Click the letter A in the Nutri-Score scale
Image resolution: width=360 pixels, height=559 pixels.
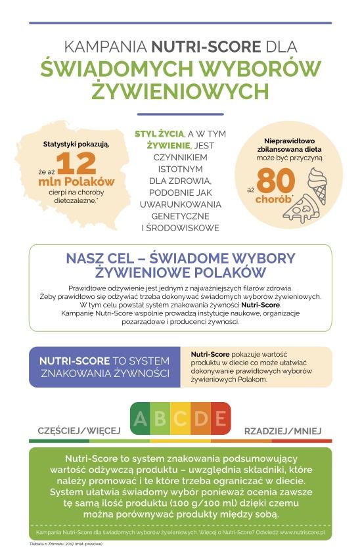[140, 418]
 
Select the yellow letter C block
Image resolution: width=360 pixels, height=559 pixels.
[180, 418]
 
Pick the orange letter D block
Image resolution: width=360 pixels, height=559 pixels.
[200, 418]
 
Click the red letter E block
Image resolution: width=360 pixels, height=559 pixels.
[221, 418]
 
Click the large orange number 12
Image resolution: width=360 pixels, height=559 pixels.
[76, 164]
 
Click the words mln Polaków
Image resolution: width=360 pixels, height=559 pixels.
[76, 181]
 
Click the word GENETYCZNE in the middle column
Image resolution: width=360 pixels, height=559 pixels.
[180, 216]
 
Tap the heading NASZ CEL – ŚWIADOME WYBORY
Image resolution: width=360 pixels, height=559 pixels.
[180, 257]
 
